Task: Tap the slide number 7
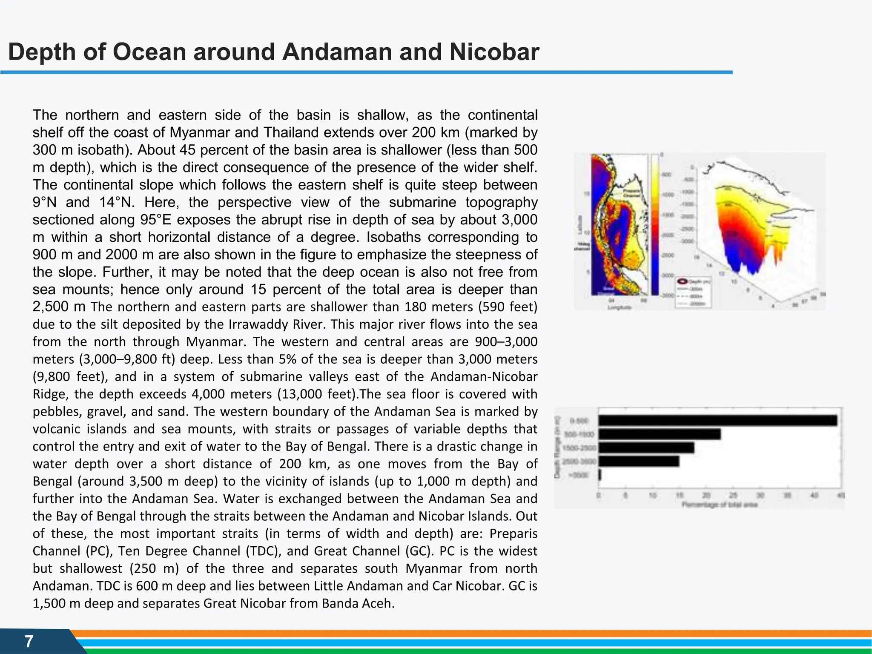pos(29,641)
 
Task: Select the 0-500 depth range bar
pos(717,421)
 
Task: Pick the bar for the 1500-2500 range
pos(646,448)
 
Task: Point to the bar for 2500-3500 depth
pos(639,462)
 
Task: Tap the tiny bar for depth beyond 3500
pos(600,475)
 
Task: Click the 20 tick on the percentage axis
pos(706,496)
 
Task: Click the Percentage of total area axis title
pos(720,505)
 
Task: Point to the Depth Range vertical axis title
pos(558,447)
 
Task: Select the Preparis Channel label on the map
pos(631,194)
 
